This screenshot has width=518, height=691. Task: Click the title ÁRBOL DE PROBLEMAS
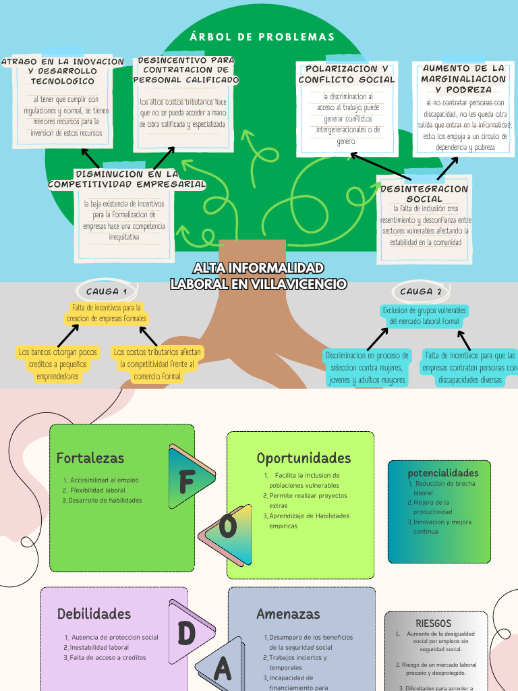click(262, 37)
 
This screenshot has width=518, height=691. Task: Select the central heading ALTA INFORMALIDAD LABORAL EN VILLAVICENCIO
click(258, 276)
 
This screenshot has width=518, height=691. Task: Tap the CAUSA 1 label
click(107, 292)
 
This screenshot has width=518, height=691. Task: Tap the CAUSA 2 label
click(421, 292)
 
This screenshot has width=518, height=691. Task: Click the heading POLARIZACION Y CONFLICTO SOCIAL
click(347, 74)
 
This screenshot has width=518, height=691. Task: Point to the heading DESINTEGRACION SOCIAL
click(424, 194)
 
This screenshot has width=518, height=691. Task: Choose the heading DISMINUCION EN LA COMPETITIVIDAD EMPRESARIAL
click(127, 179)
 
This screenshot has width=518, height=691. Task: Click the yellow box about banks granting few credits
click(58, 364)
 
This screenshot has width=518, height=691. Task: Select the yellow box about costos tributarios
click(158, 364)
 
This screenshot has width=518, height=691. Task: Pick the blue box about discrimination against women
click(367, 368)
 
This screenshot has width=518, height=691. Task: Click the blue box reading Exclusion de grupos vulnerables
click(424, 316)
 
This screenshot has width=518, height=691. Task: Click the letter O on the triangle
click(229, 526)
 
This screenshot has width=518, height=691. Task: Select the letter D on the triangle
click(187, 633)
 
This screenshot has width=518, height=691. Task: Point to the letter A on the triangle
click(223, 669)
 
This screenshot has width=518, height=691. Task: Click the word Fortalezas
click(90, 458)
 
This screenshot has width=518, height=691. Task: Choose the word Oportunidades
click(304, 458)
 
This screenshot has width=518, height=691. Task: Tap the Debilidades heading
click(94, 614)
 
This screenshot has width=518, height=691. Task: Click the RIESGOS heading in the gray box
click(433, 623)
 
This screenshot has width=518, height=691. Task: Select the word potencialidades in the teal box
click(443, 473)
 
